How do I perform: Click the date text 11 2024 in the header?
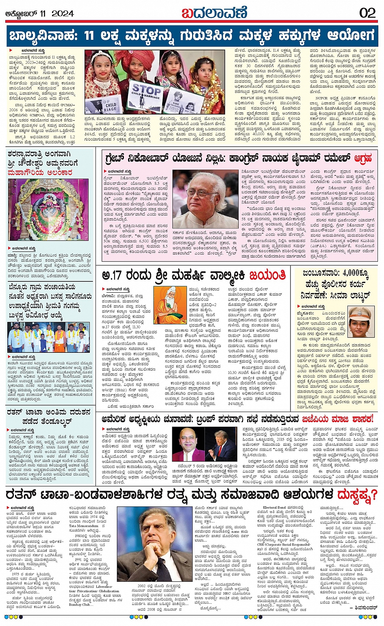(56, 13)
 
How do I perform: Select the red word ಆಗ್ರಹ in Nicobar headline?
(363, 158)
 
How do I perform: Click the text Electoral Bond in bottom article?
(274, 507)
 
